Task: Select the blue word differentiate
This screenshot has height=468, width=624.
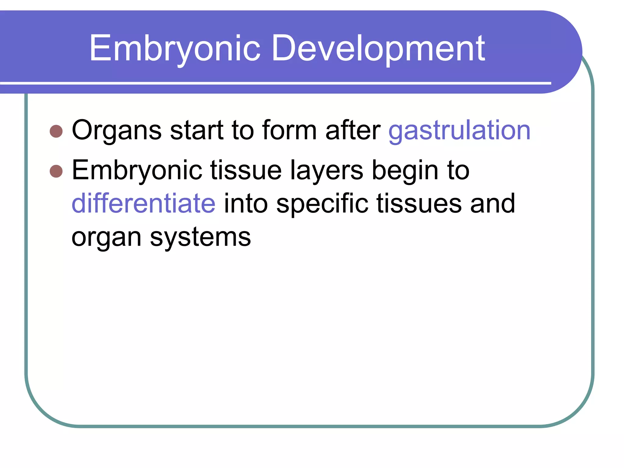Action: click(x=144, y=204)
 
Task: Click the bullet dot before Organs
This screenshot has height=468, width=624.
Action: click(x=56, y=131)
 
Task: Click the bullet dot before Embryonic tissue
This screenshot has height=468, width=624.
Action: click(x=56, y=171)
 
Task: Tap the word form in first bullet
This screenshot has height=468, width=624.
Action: click(x=289, y=130)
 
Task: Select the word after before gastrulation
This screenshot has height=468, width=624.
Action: click(x=353, y=130)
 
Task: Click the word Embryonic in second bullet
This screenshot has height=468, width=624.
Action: click(x=137, y=171)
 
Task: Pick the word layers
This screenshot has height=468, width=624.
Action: click(x=327, y=171)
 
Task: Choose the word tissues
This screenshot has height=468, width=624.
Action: click(x=419, y=204)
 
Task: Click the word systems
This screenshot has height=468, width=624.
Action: click(x=200, y=238)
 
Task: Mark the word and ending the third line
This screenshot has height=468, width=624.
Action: click(x=492, y=204)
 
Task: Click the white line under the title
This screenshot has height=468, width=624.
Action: click(x=274, y=83)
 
